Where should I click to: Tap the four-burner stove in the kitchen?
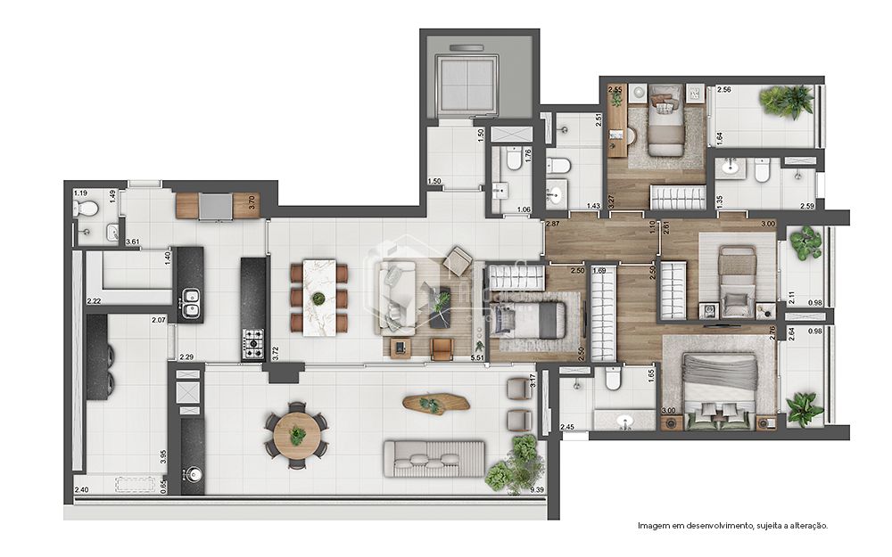pos(253,340)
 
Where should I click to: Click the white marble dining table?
pos(318,298)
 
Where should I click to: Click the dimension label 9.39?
pos(536,490)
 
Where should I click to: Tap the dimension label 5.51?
pos(477,357)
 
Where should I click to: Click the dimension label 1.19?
pos(80,193)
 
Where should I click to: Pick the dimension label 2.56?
pos(723,90)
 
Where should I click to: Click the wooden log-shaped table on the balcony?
pos(436,404)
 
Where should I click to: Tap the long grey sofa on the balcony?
pos(433,457)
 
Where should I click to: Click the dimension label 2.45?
pos(567,427)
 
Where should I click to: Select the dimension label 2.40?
pos(81,490)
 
